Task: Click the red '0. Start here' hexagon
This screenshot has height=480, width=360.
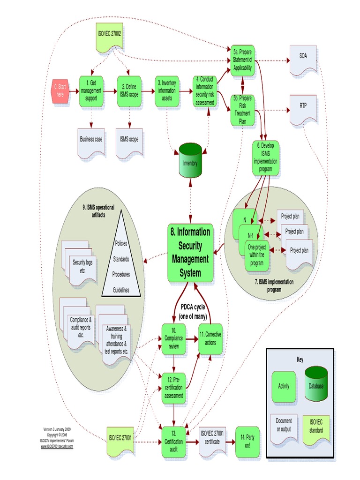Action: coord(60,90)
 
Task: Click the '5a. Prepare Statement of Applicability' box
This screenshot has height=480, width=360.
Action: coord(242,60)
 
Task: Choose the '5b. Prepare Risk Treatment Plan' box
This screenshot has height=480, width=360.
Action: coord(242,109)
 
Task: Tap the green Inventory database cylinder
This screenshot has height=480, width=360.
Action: coord(190,162)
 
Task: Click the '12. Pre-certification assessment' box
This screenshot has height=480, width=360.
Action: coord(174,387)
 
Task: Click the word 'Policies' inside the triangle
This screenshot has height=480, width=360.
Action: coord(121,243)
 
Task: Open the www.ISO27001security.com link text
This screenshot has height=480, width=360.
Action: coord(57,446)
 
